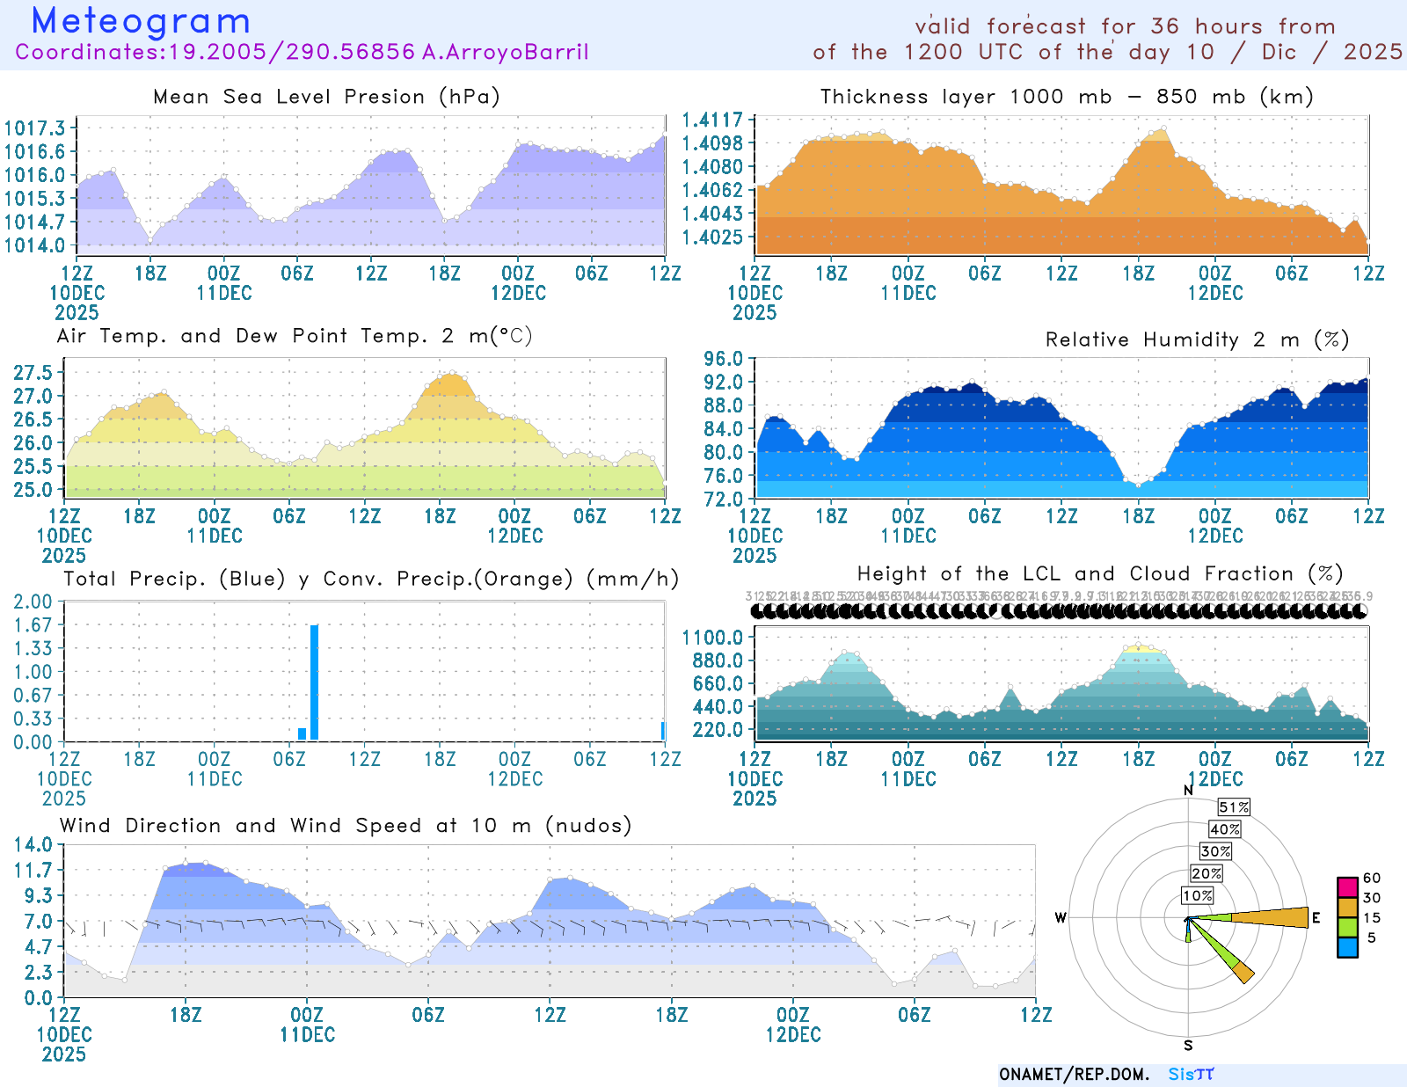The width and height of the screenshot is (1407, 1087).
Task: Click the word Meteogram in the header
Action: point(141,21)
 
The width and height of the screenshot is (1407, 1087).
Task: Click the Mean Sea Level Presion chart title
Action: point(326,97)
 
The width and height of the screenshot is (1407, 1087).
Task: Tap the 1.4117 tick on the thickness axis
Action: point(713,120)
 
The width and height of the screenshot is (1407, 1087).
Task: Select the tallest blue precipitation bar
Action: point(314,682)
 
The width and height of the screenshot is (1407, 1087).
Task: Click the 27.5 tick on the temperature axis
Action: point(33,372)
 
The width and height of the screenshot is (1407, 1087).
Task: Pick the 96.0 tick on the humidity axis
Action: point(723,359)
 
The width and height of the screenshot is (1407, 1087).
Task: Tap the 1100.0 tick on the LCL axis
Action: point(713,637)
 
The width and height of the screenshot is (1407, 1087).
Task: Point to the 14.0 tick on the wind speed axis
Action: point(33,845)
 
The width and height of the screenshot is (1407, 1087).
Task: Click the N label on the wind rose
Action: point(1189,791)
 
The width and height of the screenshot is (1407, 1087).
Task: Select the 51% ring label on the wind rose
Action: point(1234,807)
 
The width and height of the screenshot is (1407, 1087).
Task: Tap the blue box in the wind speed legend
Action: point(1347,947)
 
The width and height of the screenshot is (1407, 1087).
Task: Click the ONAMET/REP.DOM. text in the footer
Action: point(1074,1075)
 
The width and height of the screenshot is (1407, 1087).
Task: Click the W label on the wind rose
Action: point(1061,918)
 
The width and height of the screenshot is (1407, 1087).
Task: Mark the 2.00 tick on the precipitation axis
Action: point(33,602)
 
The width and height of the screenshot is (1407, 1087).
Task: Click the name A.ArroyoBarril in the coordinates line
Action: point(505,52)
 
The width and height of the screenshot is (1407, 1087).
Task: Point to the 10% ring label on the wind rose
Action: point(1197,895)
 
